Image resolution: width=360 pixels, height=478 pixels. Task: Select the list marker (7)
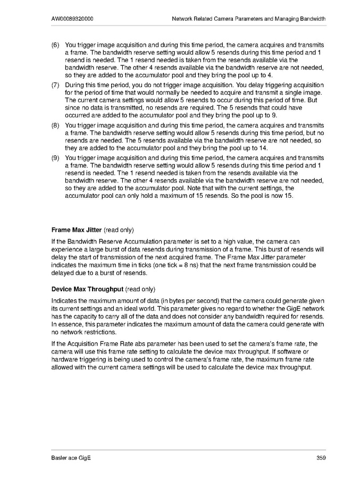tap(55, 85)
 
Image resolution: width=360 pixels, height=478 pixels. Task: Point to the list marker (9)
tap(55, 158)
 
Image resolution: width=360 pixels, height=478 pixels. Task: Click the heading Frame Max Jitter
tap(76, 230)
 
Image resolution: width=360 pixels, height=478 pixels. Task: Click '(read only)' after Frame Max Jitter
tap(119, 230)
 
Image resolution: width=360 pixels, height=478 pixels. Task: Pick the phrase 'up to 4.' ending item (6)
tap(207, 75)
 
